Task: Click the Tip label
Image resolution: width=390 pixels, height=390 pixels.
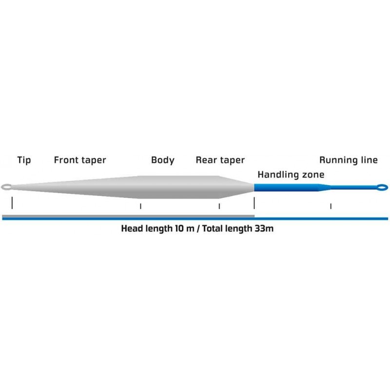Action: point(24,160)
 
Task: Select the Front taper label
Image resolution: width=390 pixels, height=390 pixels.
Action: point(80,160)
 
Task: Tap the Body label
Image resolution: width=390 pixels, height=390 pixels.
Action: point(163,160)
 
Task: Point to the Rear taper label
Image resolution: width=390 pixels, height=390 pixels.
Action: point(220,160)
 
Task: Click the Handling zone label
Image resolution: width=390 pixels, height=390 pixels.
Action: point(291,175)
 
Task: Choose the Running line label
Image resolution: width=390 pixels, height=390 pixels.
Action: point(348,160)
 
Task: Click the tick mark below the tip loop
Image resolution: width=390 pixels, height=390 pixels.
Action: point(12,203)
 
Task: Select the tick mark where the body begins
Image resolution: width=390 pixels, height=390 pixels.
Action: point(140,206)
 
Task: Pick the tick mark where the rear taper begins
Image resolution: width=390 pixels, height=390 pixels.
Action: point(219,206)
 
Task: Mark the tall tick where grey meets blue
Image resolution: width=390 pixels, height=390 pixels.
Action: point(254,203)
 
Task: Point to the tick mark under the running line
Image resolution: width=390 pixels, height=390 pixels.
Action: point(331,206)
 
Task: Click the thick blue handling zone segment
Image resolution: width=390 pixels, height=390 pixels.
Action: point(286,188)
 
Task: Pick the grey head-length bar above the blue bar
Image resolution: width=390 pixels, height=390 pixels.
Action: point(128,216)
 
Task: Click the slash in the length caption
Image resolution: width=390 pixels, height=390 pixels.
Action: point(198,228)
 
